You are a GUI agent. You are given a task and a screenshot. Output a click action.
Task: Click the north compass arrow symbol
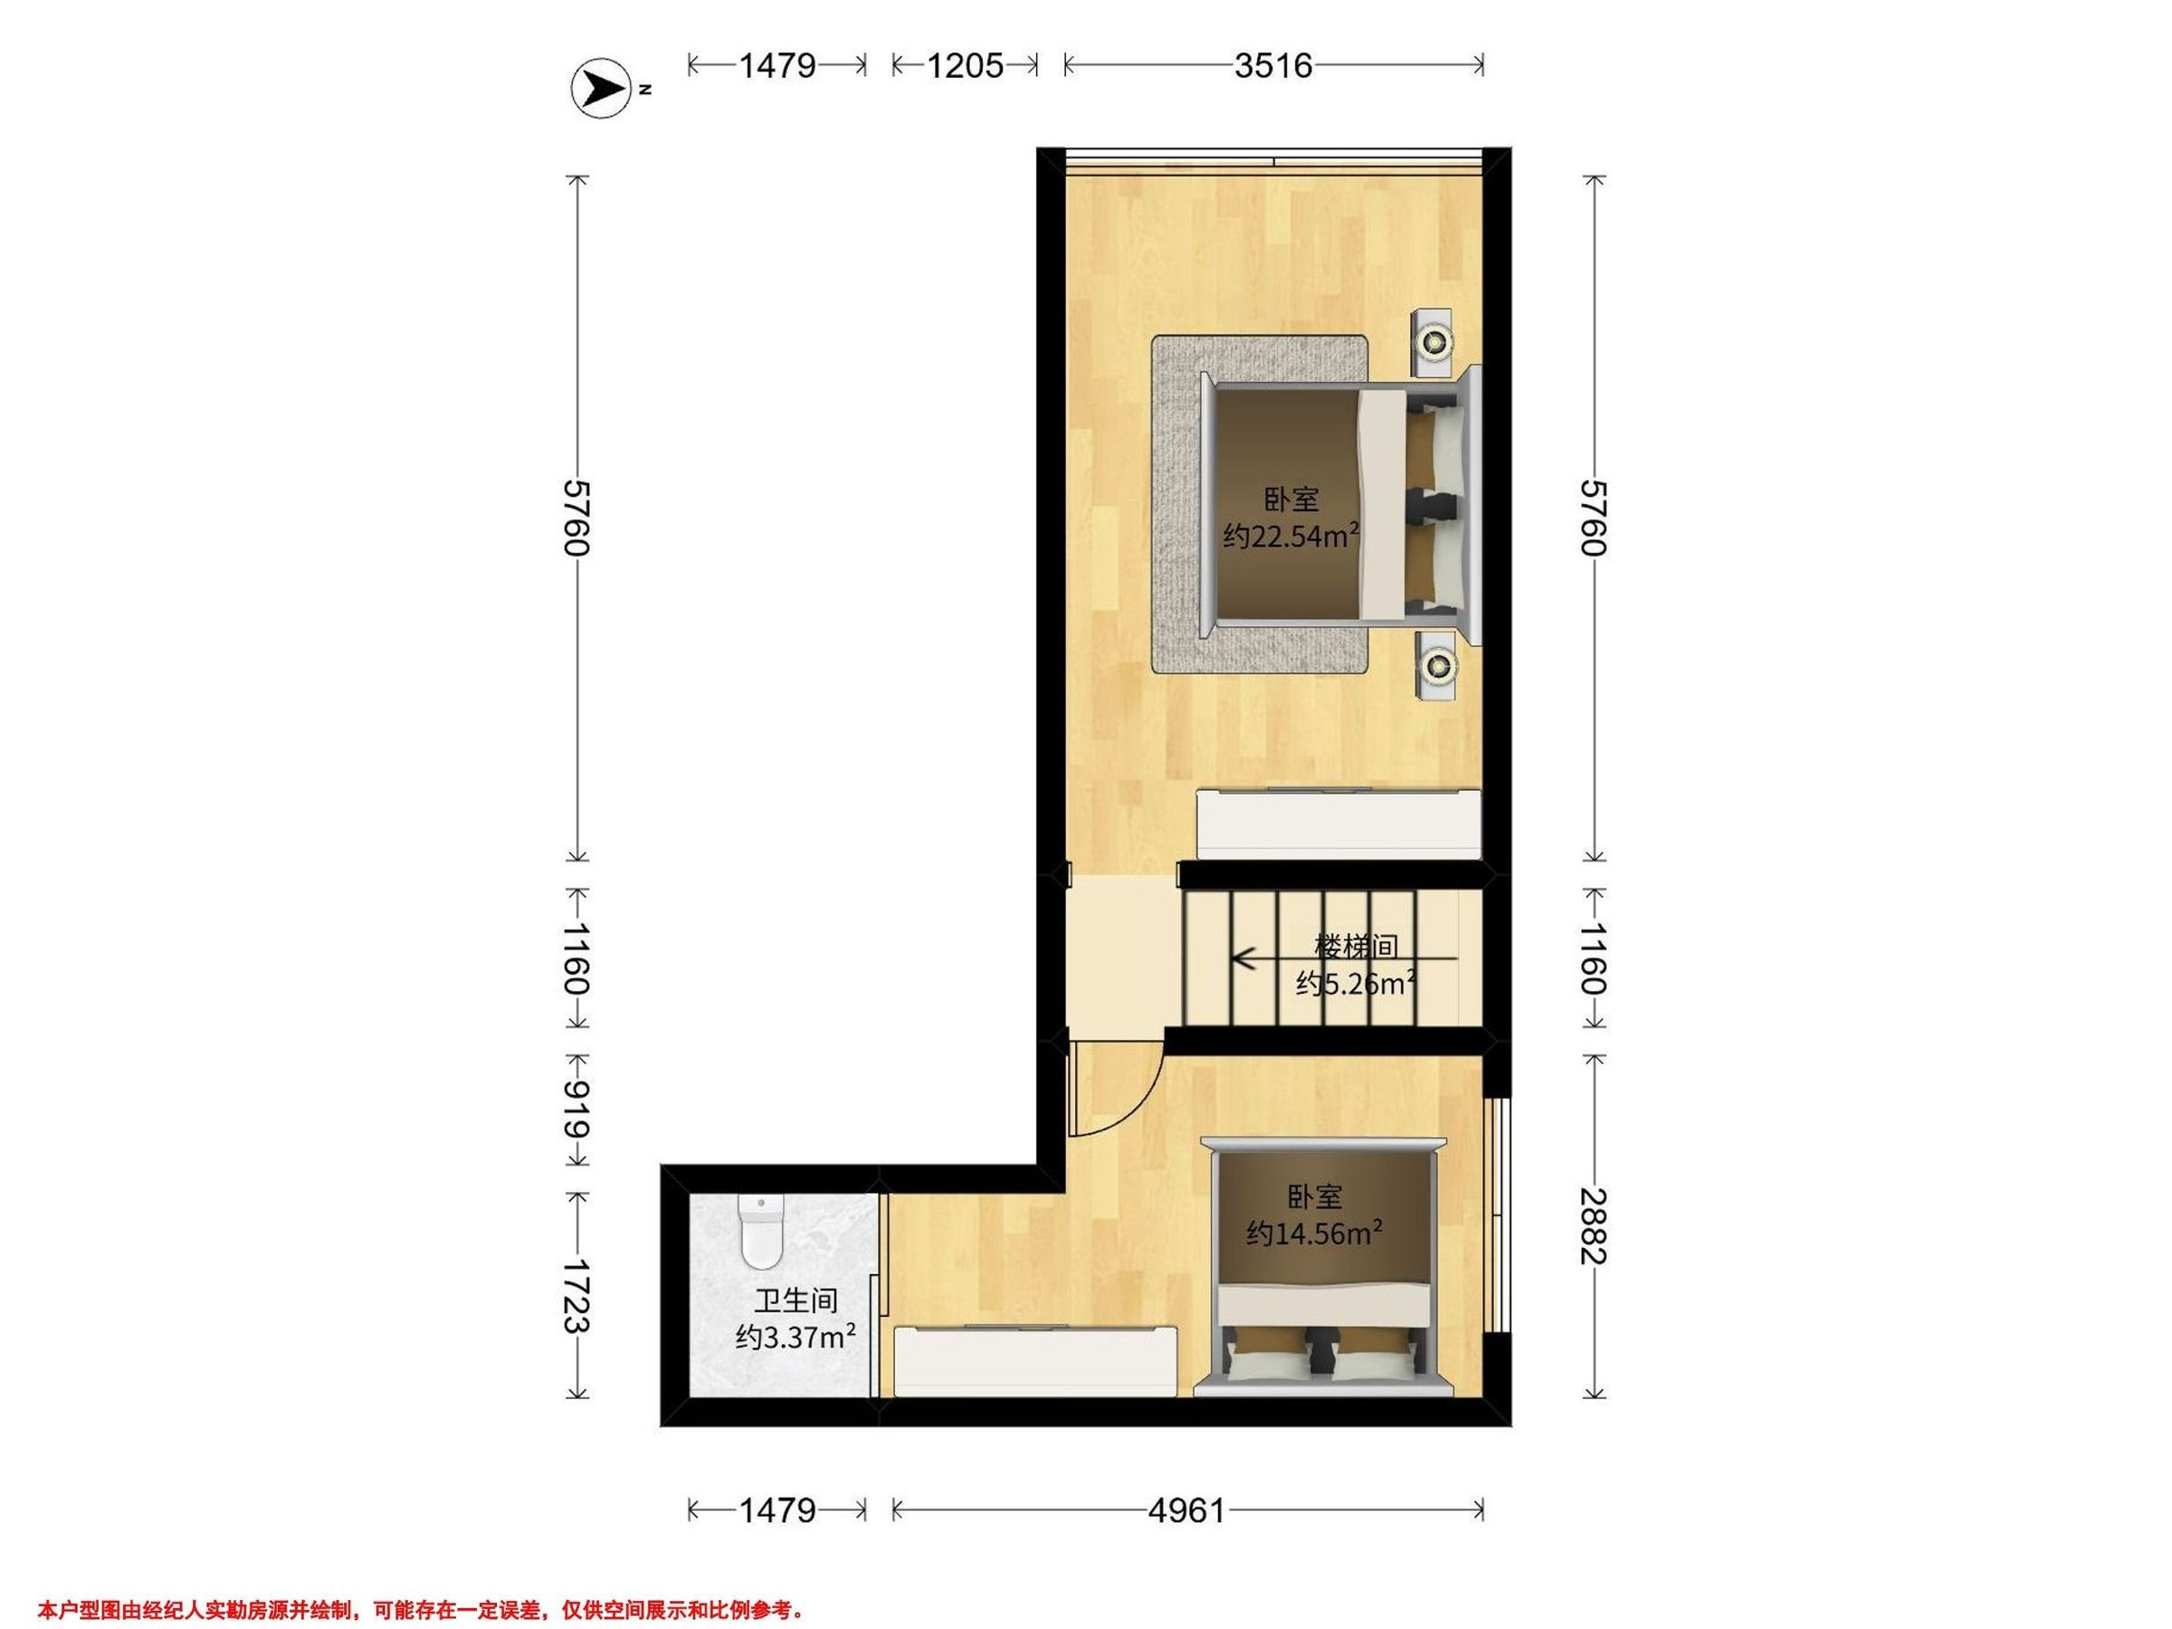600,90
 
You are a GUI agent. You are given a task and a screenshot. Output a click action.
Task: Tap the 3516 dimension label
1273,66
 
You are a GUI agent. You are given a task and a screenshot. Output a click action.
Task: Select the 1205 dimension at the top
966,66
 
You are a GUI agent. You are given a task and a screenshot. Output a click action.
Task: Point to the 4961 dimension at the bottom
1187,1510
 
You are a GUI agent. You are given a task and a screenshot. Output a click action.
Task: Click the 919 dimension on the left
576,1110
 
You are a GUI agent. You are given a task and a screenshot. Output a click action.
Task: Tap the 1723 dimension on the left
576,1296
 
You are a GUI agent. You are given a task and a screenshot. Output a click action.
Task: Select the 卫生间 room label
795,1301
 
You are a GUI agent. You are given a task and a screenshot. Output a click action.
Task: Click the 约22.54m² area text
1291,536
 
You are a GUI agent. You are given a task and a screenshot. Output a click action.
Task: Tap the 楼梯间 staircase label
1356,947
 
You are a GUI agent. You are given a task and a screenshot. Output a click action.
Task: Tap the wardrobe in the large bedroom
1338,823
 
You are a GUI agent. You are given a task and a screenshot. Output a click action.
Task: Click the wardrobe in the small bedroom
1035,1360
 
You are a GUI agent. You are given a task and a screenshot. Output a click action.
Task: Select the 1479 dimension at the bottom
776,1510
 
